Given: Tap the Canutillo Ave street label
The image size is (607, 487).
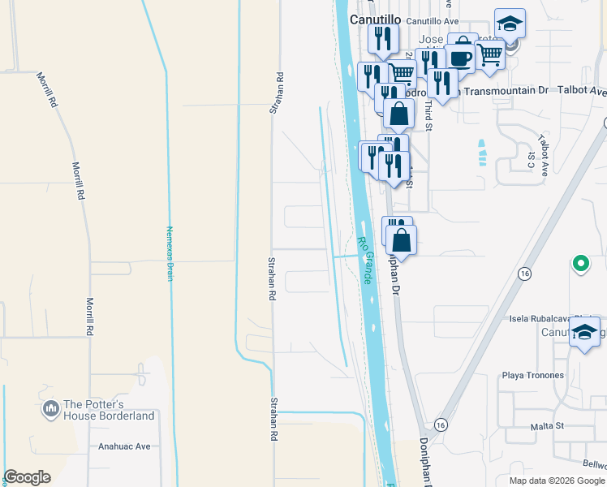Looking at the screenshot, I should (x=433, y=20).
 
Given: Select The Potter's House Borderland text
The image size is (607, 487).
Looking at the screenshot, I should (x=109, y=410).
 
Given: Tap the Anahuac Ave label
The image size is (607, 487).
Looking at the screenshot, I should (x=124, y=446).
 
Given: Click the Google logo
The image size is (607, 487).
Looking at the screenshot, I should (x=27, y=477).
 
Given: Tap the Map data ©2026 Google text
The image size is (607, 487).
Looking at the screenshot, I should (x=557, y=481).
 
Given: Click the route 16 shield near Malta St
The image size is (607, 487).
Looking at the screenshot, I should (x=441, y=425).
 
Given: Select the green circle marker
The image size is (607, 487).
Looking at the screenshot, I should (x=579, y=264).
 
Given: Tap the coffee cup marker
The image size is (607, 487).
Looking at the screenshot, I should (x=461, y=57).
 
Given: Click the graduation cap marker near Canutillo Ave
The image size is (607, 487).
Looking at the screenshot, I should (x=510, y=24).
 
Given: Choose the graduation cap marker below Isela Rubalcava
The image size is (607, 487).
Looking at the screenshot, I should (x=583, y=332).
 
